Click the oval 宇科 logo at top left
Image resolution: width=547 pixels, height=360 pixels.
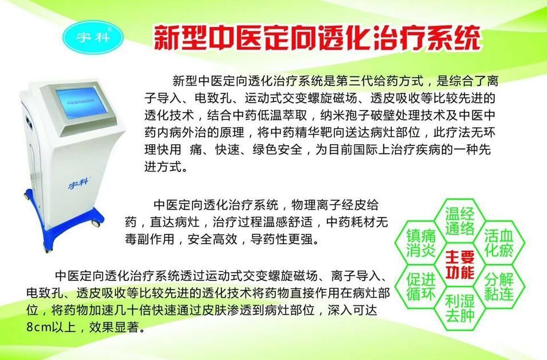click(93, 35)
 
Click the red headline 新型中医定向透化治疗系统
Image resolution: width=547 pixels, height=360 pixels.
click(317, 38)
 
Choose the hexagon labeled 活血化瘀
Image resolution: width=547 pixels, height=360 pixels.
click(498, 243)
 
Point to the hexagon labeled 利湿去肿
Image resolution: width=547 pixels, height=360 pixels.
click(459, 308)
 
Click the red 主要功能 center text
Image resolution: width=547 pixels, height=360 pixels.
click(460, 264)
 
